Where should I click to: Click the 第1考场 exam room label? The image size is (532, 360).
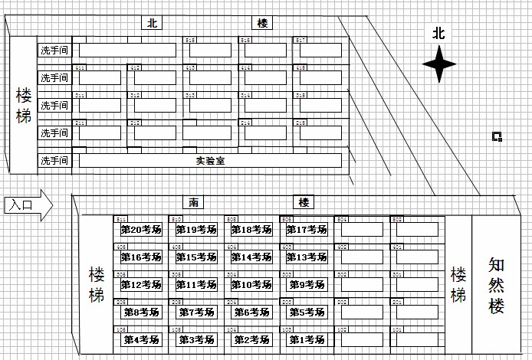pos(307,339)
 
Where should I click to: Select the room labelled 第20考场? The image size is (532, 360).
pos(141,229)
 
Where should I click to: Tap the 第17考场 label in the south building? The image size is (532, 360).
pos(307,229)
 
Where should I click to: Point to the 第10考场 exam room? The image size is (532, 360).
pos(251,284)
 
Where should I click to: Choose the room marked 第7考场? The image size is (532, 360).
pos(196,312)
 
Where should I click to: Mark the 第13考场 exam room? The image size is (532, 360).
pos(307,257)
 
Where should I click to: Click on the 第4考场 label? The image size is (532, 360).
pos(141,339)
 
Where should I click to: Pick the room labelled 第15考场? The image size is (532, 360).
pos(196,257)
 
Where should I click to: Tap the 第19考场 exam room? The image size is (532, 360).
pos(196,229)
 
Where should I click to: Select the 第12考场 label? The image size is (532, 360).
pos(141,284)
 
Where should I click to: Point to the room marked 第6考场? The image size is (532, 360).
pos(251,312)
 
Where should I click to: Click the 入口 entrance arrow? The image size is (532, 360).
pos(26,205)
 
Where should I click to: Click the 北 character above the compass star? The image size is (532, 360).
pos(438,33)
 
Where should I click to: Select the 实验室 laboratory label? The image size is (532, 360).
pos(209,161)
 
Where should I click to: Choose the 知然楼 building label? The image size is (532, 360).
pos(497,284)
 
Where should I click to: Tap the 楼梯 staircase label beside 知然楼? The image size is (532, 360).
pos(458,284)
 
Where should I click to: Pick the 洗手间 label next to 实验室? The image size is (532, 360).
pos(54,161)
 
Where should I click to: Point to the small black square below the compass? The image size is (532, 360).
pos(497,137)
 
